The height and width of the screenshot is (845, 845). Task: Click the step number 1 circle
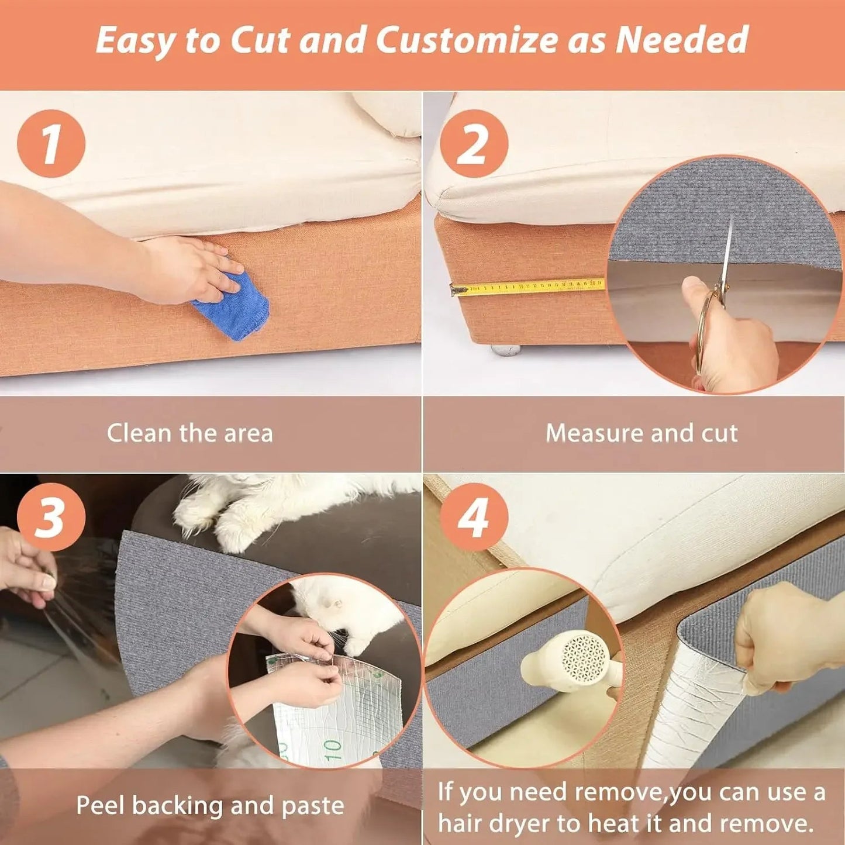click(x=51, y=144)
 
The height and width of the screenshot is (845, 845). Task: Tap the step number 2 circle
click(x=474, y=144)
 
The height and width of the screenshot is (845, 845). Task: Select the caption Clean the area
click(x=189, y=433)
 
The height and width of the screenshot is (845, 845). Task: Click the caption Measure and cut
click(x=641, y=433)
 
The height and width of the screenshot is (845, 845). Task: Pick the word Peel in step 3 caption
click(x=99, y=805)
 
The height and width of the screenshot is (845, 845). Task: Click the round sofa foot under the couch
click(x=505, y=350)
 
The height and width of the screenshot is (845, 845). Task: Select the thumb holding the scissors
click(x=696, y=290)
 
